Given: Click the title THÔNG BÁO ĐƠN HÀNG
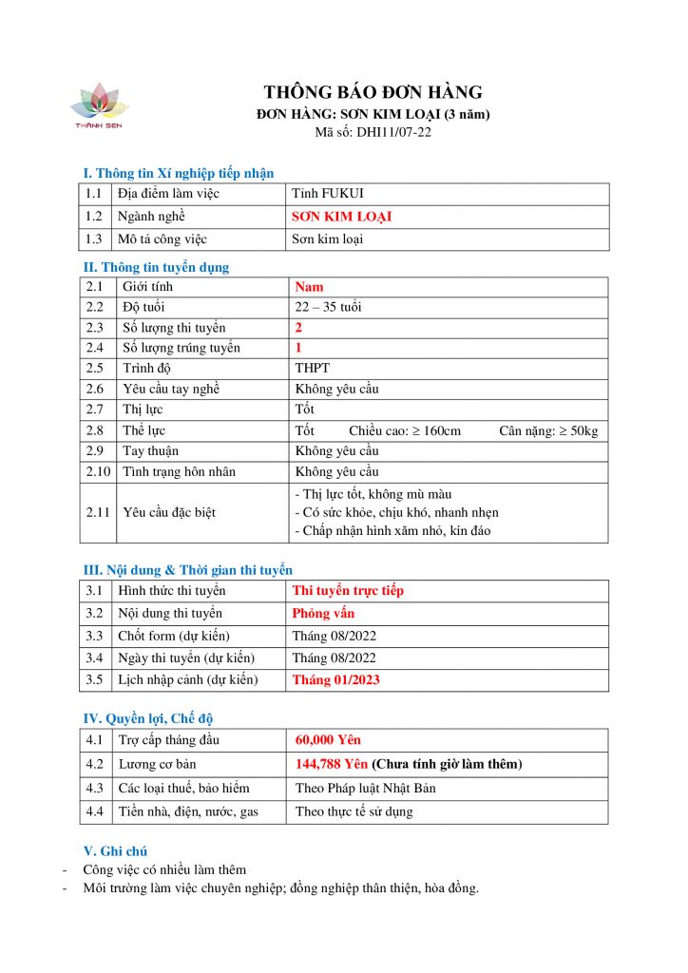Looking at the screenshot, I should [x=373, y=92].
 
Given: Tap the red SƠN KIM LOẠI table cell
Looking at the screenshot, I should [x=341, y=217].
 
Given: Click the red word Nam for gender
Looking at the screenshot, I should [x=309, y=287].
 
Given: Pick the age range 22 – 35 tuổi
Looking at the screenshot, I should [x=328, y=307].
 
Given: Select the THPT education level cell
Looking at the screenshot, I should [x=313, y=368].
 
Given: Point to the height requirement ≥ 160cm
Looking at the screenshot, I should [x=405, y=430].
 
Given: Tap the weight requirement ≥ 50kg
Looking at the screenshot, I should [x=548, y=430].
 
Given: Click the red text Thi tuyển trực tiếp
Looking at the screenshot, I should [x=348, y=591].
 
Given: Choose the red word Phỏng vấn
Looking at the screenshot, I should [x=323, y=613].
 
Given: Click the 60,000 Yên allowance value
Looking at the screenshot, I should [x=328, y=740].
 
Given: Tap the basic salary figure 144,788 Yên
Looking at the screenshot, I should [x=332, y=764].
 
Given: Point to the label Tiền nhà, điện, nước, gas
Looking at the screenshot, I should [x=188, y=811].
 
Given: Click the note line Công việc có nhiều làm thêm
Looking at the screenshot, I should [x=164, y=869].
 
